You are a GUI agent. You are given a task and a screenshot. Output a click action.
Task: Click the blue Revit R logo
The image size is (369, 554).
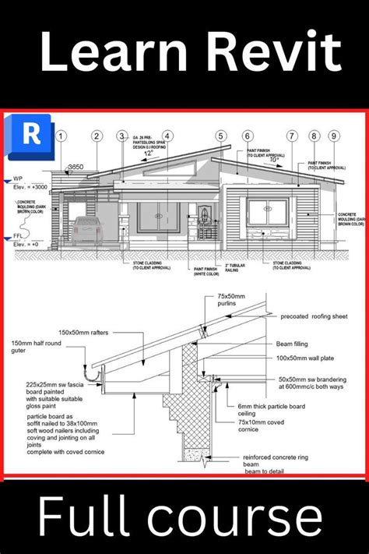pos(30,133)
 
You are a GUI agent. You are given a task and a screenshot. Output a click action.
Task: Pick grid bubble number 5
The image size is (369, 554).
pos(221,136)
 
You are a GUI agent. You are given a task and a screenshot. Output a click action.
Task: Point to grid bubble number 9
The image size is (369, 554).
pos(333,136)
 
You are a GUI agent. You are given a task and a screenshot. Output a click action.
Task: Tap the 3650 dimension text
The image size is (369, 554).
pos(76,167)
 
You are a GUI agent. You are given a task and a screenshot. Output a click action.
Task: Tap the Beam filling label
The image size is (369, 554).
pos(296,342)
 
